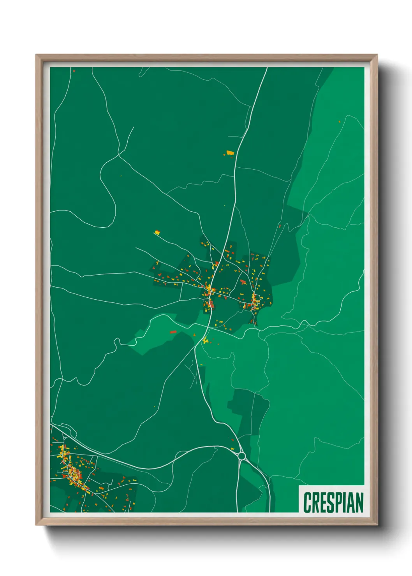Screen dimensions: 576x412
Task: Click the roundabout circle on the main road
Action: point(241,455)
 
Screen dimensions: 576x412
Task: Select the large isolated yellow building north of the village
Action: point(230,153)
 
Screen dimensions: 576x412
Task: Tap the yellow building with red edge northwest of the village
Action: point(157,233)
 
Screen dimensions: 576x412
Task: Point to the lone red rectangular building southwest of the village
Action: point(173,332)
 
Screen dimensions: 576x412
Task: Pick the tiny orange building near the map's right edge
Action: point(340,121)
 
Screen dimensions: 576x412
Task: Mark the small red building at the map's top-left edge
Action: point(74,71)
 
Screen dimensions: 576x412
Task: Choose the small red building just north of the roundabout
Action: point(233,440)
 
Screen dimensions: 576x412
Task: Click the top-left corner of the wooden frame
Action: point(36,55)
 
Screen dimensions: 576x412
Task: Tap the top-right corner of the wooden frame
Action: point(377,55)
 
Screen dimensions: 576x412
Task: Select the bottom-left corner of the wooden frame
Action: point(36,525)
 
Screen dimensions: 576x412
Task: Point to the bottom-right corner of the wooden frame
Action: point(377,525)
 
